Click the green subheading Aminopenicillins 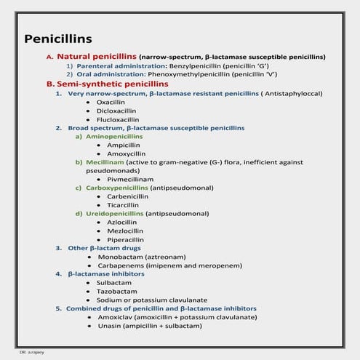pyautogui.click(x=113, y=136)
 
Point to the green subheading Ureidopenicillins pyautogui.click(x=115, y=213)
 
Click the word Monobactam pyautogui.click(x=119, y=257)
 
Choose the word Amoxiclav pyautogui.click(x=115, y=317)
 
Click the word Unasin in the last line pyautogui.click(x=110, y=326)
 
